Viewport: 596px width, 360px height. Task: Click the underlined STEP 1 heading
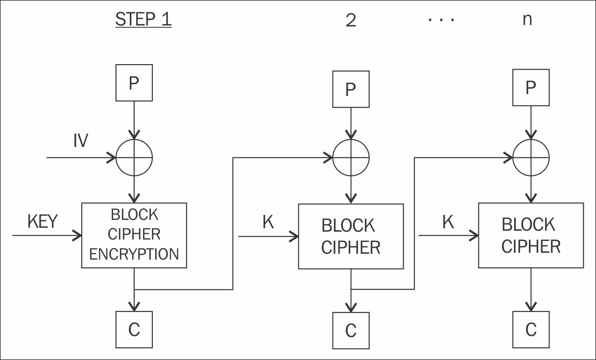pyautogui.click(x=143, y=20)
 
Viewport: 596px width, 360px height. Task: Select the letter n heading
pyautogui.click(x=527, y=20)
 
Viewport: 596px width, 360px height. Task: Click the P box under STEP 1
pyautogui.click(x=134, y=83)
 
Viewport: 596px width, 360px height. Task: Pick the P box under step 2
pyautogui.click(x=351, y=89)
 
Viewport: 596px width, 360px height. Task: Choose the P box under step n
pyautogui.click(x=530, y=87)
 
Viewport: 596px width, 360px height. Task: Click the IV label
pyautogui.click(x=80, y=141)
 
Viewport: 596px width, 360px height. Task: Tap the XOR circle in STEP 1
pyautogui.click(x=134, y=158)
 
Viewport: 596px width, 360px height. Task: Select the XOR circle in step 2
pyautogui.click(x=351, y=158)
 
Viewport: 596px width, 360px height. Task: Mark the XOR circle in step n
pyautogui.click(x=531, y=158)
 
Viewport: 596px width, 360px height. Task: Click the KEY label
pyautogui.click(x=43, y=221)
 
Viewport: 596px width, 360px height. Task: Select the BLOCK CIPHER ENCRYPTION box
pyautogui.click(x=134, y=235)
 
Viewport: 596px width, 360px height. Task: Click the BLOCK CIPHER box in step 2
pyautogui.click(x=351, y=236)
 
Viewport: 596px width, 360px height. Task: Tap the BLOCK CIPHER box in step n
pyautogui.click(x=531, y=235)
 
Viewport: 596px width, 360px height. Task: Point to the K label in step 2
pyautogui.click(x=268, y=222)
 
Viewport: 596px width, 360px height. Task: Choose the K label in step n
pyautogui.click(x=448, y=222)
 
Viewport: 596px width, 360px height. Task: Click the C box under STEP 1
pyautogui.click(x=134, y=330)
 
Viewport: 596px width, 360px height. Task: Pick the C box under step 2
pyautogui.click(x=351, y=331)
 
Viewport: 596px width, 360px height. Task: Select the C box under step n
pyautogui.click(x=531, y=330)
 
